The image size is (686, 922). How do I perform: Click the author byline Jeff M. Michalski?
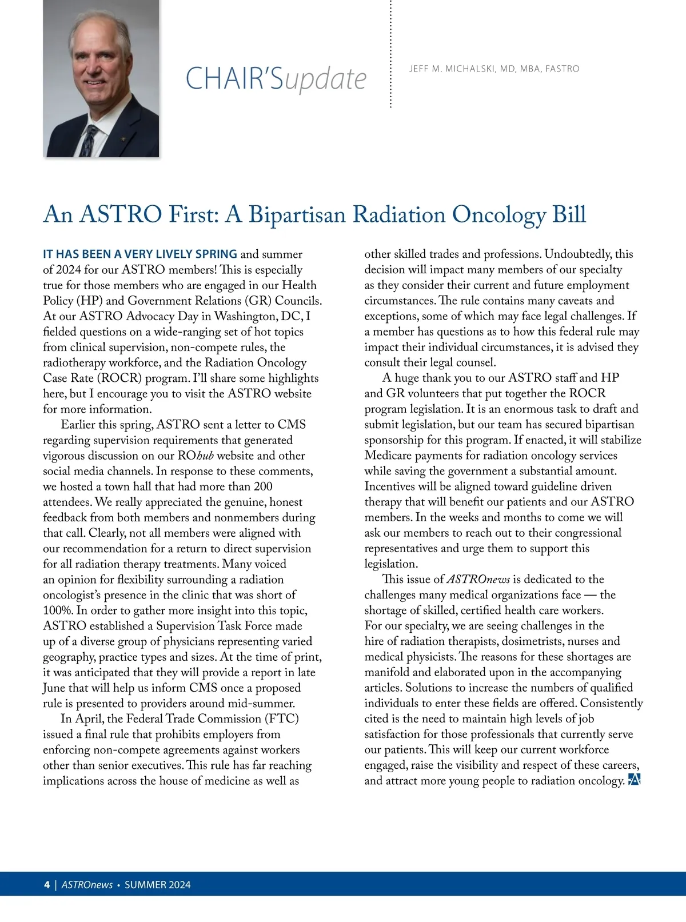pyautogui.click(x=494, y=69)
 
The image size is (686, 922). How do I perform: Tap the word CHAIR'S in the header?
pyautogui.click(x=234, y=79)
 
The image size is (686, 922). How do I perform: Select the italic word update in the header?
pyautogui.click(x=325, y=80)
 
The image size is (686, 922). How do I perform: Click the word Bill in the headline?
pyautogui.click(x=569, y=215)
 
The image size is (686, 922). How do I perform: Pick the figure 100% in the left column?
pyautogui.click(x=57, y=610)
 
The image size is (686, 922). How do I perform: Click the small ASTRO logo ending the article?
pyautogui.click(x=634, y=780)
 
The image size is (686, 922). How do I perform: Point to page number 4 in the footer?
pyautogui.click(x=47, y=885)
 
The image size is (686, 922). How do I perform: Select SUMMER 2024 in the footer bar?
pyautogui.click(x=158, y=885)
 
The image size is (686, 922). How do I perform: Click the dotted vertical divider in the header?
pyautogui.click(x=390, y=54)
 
